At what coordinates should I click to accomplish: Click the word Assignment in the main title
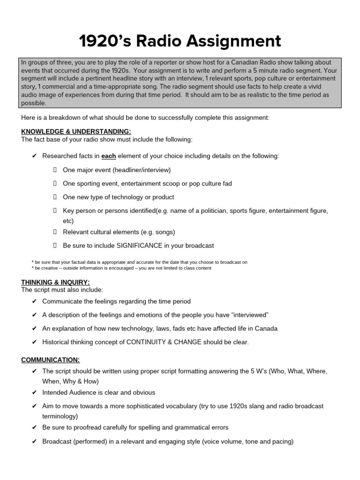[x=234, y=41]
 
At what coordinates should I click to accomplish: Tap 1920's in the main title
[x=105, y=41]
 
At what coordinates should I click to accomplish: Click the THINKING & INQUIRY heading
[x=55, y=282]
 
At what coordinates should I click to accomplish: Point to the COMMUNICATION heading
[x=50, y=360]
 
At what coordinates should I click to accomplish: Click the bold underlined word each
[x=109, y=156]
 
